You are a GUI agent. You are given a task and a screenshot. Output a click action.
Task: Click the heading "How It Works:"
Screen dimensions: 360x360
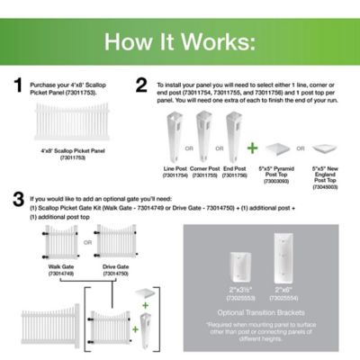(x=180, y=41)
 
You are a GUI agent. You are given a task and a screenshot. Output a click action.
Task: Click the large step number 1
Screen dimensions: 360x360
(x=17, y=86)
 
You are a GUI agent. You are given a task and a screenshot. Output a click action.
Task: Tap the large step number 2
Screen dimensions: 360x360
(x=141, y=86)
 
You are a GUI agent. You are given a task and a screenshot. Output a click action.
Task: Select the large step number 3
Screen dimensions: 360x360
(x=17, y=199)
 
